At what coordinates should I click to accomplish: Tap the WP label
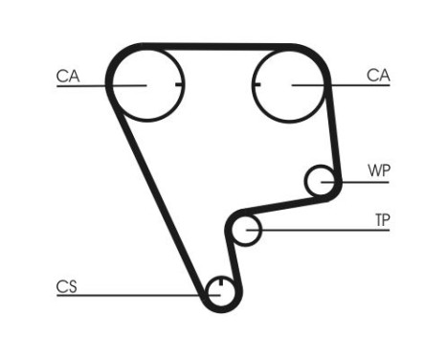tap(379, 171)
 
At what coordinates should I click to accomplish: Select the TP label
tap(382, 220)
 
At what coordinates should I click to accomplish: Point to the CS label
tap(66, 285)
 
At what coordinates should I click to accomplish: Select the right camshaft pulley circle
tap(291, 85)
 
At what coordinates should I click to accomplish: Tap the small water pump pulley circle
tap(322, 179)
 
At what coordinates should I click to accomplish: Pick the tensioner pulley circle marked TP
tap(248, 230)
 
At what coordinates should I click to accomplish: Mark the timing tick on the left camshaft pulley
tap(177, 85)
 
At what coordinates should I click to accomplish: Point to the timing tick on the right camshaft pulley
tap(259, 85)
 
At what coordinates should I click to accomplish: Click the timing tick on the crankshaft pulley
tap(220, 283)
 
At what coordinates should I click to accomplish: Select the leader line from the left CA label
tap(96, 86)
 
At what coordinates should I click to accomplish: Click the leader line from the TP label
tap(325, 231)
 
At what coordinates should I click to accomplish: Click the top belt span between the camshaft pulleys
tap(218, 46)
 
